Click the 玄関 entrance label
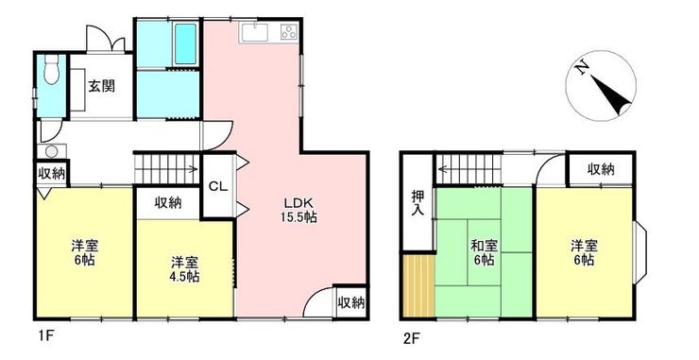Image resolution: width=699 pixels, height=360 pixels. [x=101, y=86]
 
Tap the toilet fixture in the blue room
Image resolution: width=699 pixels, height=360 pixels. [x=51, y=70]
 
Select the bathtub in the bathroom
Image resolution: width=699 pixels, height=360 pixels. [x=185, y=43]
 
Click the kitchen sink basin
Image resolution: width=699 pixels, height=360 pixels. [x=254, y=32]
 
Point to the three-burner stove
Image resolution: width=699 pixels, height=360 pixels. [x=289, y=32]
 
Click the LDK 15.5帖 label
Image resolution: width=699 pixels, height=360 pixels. [x=298, y=210]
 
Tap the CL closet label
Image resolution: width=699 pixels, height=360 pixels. [x=218, y=187]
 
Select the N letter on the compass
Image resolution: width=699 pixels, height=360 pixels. [x=581, y=68]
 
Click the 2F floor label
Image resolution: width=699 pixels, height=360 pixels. [x=410, y=338]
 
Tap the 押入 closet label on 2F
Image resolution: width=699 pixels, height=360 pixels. [x=418, y=203]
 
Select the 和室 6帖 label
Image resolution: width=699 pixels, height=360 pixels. [x=485, y=252]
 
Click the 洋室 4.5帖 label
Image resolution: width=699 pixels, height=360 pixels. [x=184, y=269]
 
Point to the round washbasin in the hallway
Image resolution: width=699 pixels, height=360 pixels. [x=51, y=151]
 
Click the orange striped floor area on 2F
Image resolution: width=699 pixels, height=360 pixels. [x=418, y=286]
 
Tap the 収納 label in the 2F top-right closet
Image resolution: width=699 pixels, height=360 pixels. [x=601, y=169]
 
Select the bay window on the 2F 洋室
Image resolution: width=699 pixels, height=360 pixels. [x=639, y=252]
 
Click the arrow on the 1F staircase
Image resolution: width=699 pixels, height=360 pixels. [x=167, y=169]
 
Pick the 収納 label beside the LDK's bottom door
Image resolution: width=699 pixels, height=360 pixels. [x=351, y=303]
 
